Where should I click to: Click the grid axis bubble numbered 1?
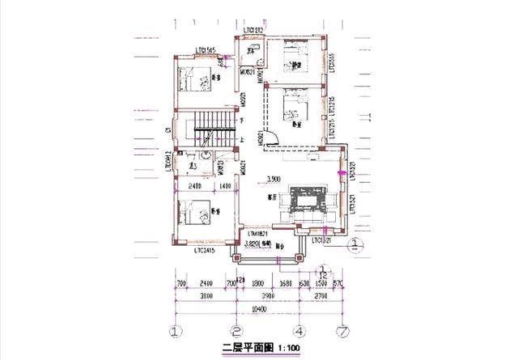173,330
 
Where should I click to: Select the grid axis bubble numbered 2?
236,330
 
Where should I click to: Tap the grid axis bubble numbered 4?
299,330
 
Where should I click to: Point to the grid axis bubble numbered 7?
344,330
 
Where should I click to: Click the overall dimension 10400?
259,310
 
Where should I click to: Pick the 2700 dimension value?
322,297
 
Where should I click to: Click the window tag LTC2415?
207,251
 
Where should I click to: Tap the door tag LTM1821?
258,233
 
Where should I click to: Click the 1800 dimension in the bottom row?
257,284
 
